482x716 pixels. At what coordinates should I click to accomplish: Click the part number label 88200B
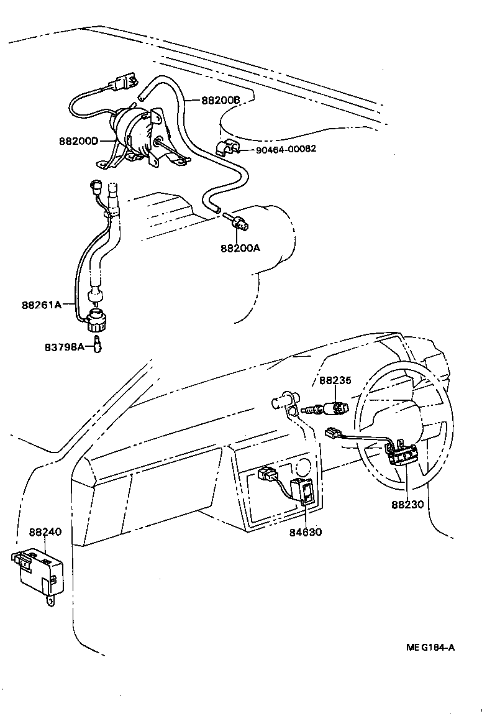coord(220,100)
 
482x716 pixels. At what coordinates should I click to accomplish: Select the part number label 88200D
coord(79,141)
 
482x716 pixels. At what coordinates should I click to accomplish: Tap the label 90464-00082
coord(286,149)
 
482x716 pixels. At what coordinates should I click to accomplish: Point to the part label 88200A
coord(240,247)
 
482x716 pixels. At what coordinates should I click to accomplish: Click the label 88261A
coord(42,305)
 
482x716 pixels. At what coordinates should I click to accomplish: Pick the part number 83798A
coord(64,347)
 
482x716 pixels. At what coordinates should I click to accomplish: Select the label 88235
coord(335,380)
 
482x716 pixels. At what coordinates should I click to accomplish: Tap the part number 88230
coord(407,504)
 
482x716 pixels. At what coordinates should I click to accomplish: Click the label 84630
coord(306,531)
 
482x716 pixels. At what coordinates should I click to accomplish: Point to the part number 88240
coord(45,532)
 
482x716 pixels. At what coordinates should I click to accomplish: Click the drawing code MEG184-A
coord(430,647)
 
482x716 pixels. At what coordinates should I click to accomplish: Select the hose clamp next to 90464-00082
coord(227,150)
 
